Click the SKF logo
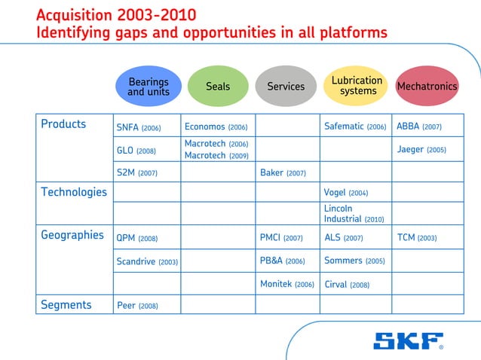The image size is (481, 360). click(408, 341)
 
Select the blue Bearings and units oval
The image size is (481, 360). click(148, 87)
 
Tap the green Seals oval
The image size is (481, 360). click(218, 87)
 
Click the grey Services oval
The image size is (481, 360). click(286, 87)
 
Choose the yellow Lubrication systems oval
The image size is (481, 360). click(357, 86)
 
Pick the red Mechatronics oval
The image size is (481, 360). click(427, 87)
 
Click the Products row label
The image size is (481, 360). click(63, 124)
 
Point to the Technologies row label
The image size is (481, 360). click(74, 192)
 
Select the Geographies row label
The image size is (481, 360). click(72, 235)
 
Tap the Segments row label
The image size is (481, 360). click(66, 305)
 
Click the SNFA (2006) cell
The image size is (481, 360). click(139, 127)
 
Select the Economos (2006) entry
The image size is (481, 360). click(216, 127)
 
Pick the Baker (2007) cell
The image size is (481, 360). click(283, 173)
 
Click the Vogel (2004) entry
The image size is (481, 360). click(345, 193)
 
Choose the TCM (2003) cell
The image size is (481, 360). click(416, 238)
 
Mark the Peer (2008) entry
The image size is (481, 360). click(137, 306)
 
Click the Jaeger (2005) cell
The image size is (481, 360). click(421, 150)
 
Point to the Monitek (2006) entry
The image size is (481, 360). click(286, 285)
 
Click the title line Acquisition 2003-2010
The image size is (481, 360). click(116, 15)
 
